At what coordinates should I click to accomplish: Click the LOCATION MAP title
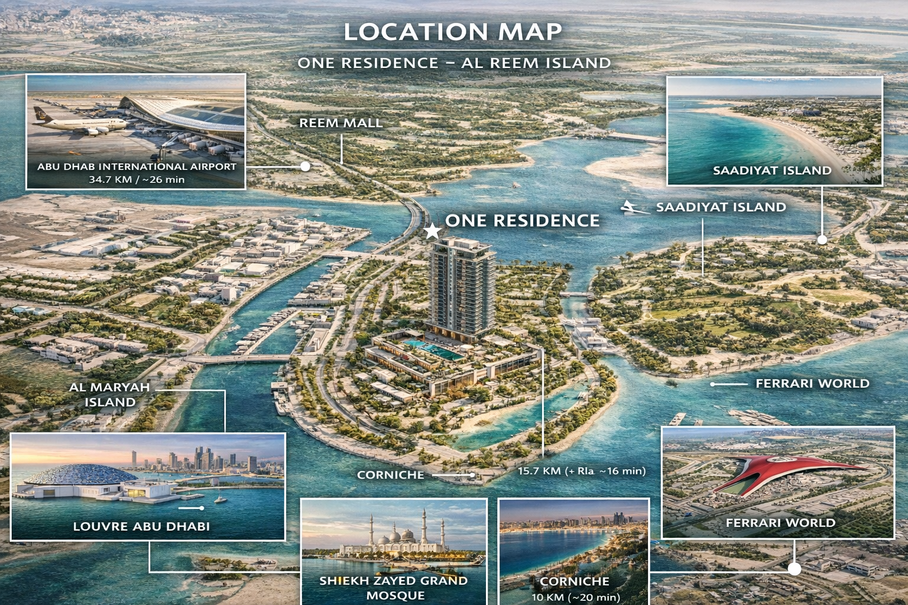tap(453, 32)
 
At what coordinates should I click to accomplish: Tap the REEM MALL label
tap(340, 123)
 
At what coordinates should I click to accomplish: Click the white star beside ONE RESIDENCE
tap(433, 230)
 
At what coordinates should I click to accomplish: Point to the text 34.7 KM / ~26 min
tap(137, 179)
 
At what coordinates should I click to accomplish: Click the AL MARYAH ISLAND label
tap(110, 395)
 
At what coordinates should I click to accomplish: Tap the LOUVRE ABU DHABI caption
tap(141, 526)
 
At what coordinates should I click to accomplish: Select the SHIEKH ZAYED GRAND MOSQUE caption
tap(394, 587)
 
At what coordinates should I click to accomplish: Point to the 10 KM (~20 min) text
tap(575, 597)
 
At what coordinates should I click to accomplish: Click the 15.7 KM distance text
tap(581, 471)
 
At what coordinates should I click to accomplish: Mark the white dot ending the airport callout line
tap(305, 166)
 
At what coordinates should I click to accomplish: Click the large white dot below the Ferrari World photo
tap(794, 568)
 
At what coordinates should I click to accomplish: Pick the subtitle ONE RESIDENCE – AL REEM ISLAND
tap(454, 63)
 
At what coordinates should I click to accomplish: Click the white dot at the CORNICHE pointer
tap(472, 474)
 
